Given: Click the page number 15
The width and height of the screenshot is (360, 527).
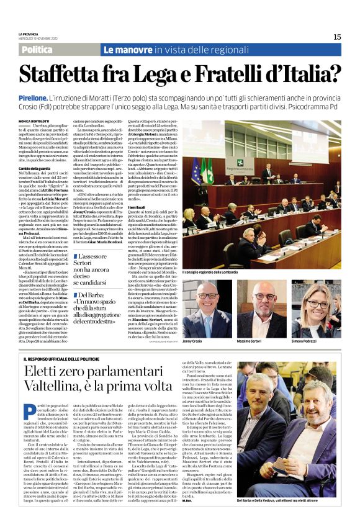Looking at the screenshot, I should (x=337, y=37).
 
